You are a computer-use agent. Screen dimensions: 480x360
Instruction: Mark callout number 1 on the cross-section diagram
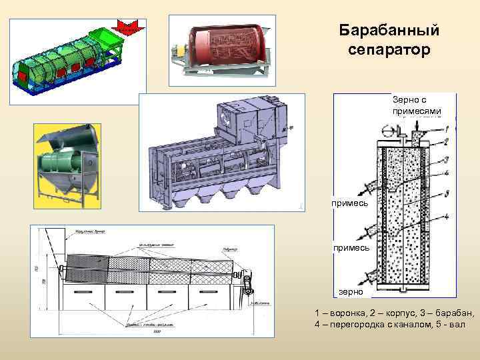pos(446,128)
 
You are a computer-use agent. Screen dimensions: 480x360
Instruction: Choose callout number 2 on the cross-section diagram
pos(446,141)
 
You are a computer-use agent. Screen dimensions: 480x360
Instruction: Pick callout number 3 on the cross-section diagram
pos(446,159)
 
